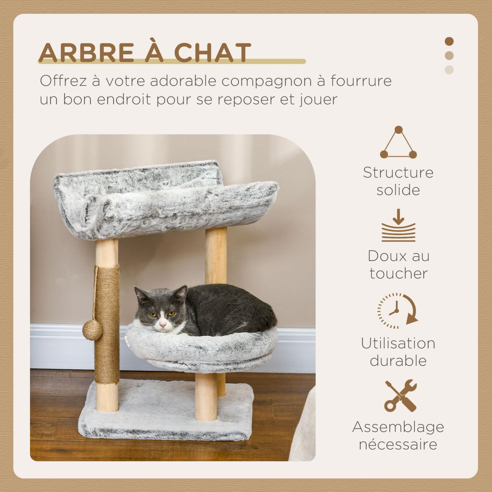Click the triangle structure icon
pos(398,143)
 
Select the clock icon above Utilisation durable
pos(397,311)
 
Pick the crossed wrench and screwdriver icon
pos(400,396)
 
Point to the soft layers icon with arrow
pos(398,226)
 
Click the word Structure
pos(398,173)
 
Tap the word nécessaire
pos(398,444)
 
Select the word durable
pos(398,361)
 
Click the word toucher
pos(398,273)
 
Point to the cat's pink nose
pos(163,325)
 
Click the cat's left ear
pos(141,294)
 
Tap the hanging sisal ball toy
pos(92,330)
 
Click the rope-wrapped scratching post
pos(107,324)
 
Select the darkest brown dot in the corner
pos(449,41)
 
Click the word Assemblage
pos(398,427)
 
